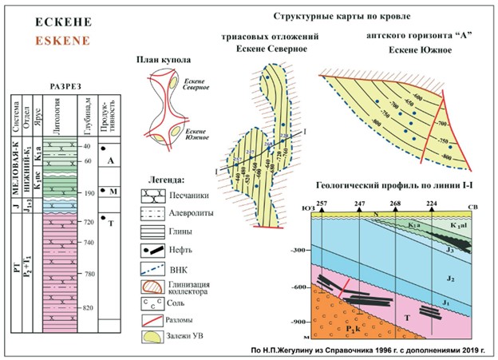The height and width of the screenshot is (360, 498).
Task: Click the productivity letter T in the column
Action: click(110, 224)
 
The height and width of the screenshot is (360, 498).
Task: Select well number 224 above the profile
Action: click(432, 204)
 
